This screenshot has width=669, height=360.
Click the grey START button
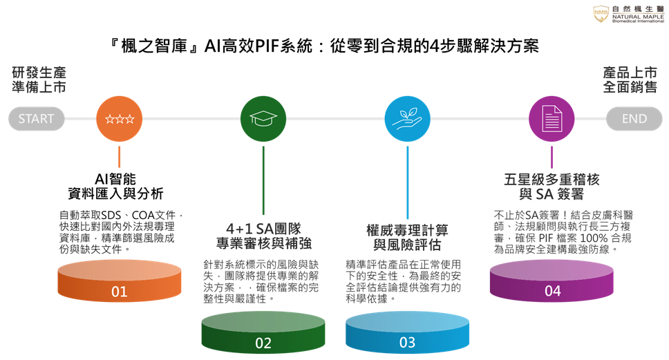tap(36, 119)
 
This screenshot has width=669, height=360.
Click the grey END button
tap(634, 119)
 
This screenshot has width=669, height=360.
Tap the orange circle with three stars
tap(119, 119)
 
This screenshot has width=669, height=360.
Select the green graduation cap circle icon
tap(263, 119)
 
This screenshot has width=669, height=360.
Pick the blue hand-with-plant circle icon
tap(408, 119)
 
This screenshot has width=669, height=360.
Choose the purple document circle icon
tap(552, 119)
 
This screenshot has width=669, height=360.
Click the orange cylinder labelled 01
tap(120, 281)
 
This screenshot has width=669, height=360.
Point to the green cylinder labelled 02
tap(263, 332)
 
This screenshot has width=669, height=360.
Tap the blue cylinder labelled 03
tap(408, 332)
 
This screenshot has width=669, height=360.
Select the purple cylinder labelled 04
tap(552, 281)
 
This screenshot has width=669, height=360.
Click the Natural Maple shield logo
tap(601, 14)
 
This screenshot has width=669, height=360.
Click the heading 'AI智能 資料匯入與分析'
tap(115, 186)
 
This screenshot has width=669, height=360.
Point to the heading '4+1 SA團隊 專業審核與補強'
tap(264, 236)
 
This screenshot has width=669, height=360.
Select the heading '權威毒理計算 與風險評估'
tap(408, 237)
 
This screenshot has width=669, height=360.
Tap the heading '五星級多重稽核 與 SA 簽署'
tap(552, 187)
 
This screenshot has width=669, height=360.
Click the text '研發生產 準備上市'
tap(39, 79)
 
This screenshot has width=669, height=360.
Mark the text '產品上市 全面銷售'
tap(630, 79)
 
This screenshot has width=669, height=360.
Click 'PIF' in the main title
tap(267, 46)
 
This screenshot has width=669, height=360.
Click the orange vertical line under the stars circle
tap(119, 157)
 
